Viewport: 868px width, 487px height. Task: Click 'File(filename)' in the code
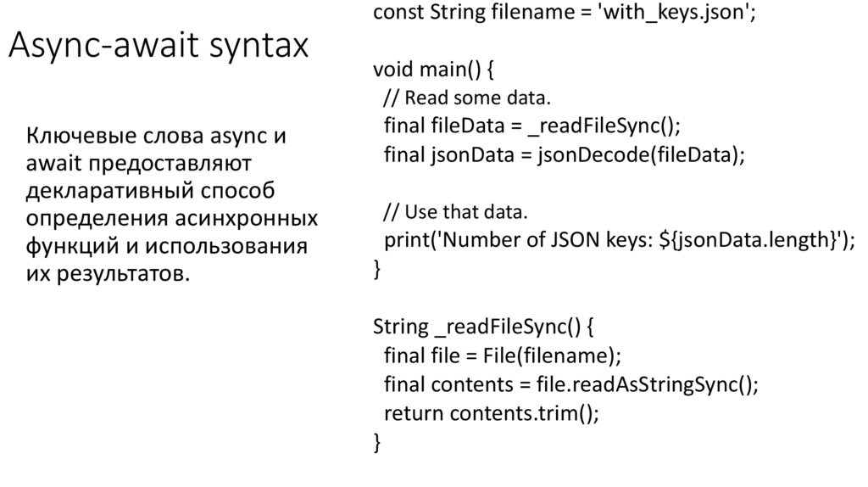[551, 355]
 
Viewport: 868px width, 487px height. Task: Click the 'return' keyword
[413, 412]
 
